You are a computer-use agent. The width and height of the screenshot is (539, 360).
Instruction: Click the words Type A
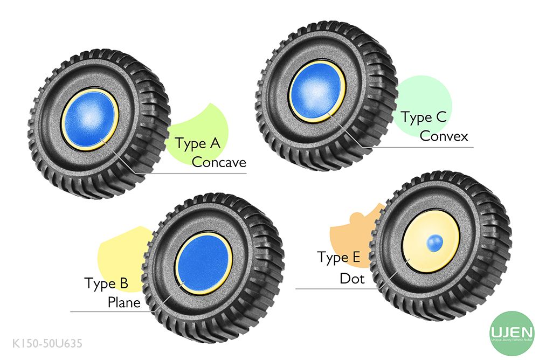point(198,144)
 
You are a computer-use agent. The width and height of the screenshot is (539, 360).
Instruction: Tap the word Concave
point(219,162)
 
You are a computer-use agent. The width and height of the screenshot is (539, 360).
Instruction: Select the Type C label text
point(424,117)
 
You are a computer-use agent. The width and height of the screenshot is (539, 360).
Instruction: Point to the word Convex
point(444,136)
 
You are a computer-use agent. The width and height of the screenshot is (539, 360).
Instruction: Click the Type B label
point(106,283)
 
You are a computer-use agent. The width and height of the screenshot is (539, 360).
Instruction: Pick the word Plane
point(124,302)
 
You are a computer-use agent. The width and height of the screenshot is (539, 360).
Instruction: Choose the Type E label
point(338,258)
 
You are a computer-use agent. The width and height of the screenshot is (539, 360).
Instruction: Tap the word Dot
point(352,279)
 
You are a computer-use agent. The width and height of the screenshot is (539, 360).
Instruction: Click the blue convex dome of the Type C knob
point(317,89)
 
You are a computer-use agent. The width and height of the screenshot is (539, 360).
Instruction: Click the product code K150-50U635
point(47,343)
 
